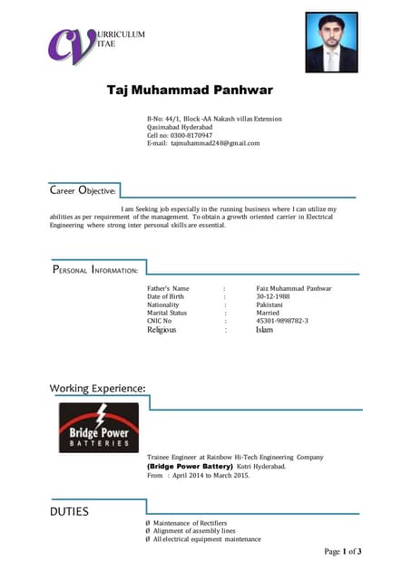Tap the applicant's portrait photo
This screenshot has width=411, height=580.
click(331, 42)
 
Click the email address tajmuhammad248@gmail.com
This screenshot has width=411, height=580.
click(215, 143)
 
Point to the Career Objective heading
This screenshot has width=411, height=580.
click(83, 191)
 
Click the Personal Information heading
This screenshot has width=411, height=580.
click(95, 269)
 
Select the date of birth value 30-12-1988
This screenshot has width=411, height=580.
click(273, 296)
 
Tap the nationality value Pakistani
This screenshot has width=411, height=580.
click(269, 304)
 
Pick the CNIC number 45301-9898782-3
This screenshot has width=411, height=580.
click(282, 321)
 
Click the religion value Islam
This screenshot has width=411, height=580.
click(264, 330)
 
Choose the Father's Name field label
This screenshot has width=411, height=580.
click(168, 288)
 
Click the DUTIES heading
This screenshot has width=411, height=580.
click(70, 512)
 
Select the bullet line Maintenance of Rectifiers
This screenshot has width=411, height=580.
click(193, 523)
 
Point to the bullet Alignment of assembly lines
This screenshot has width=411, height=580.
click(194, 531)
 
